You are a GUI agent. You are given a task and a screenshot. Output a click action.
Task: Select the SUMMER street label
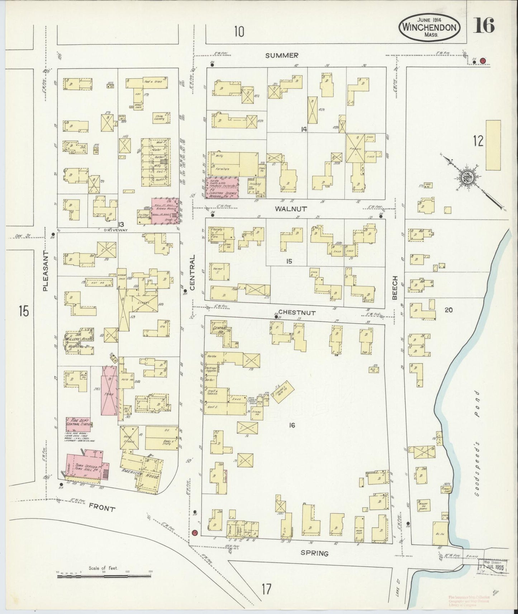282,56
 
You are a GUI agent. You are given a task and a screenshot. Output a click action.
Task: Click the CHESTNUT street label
297,313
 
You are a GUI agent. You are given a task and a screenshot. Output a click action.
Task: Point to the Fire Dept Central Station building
78,422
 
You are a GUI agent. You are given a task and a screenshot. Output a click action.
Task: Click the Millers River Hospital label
78,342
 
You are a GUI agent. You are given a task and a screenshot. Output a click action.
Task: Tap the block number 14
304,129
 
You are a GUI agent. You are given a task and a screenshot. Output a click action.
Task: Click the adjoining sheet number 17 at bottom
266,588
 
